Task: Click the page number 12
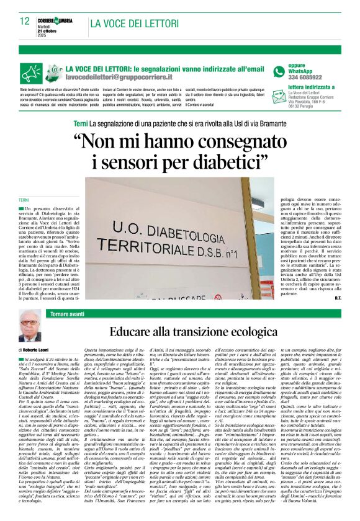coord(24,21)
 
